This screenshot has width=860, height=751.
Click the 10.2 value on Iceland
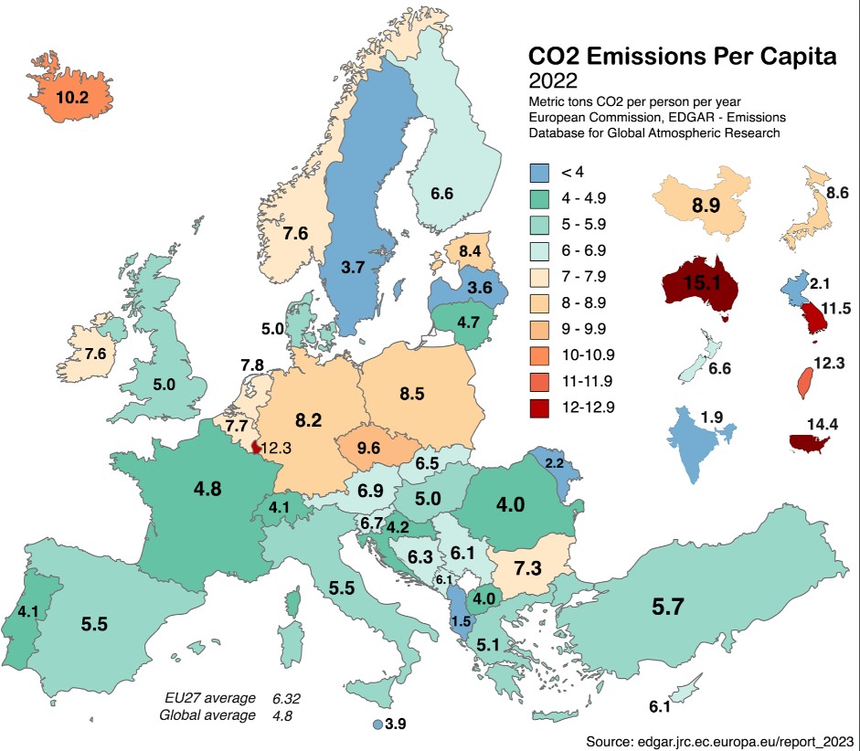(x=71, y=96)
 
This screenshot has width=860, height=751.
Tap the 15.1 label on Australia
(x=699, y=282)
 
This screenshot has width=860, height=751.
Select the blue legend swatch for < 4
(x=539, y=173)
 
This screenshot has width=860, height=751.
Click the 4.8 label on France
(x=207, y=490)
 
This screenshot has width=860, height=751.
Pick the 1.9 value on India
(x=711, y=418)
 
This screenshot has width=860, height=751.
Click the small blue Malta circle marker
(x=376, y=725)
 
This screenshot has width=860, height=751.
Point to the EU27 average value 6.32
(x=286, y=699)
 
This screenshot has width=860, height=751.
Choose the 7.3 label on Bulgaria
(x=527, y=567)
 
